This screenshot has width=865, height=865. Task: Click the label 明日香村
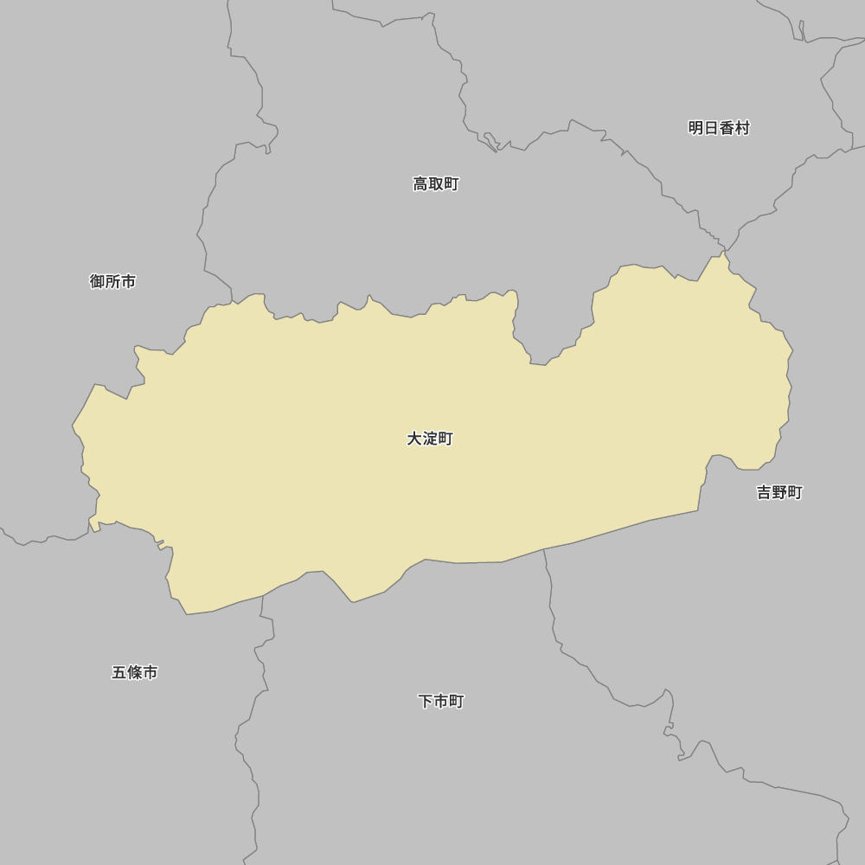pos(719,128)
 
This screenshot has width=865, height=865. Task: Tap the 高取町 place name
pos(436,183)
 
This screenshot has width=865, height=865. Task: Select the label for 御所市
pos(112,281)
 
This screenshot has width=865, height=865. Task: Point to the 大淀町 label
pos(430,439)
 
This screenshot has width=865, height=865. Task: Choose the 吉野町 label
pos(779,492)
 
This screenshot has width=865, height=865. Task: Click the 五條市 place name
pos(134,672)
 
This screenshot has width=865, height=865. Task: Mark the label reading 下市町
pos(441,702)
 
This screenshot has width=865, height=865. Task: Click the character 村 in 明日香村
pos(742,128)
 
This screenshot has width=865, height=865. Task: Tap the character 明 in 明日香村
pos(695,128)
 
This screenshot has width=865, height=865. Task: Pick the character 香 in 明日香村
pos(727,128)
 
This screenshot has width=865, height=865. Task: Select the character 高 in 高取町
pos(420,183)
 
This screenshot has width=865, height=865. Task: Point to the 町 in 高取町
pos(452,183)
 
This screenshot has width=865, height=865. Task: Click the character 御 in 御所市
pos(97,281)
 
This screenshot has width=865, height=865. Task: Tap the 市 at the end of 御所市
pos(128,281)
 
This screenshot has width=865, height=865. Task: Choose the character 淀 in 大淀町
pos(430,439)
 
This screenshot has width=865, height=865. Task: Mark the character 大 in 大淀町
pos(414,439)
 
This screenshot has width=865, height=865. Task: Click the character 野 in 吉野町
pos(779,492)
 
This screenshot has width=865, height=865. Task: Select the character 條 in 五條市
pos(134,672)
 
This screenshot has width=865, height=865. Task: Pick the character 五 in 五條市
pos(119,672)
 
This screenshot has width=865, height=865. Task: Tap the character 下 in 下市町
pos(426,702)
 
